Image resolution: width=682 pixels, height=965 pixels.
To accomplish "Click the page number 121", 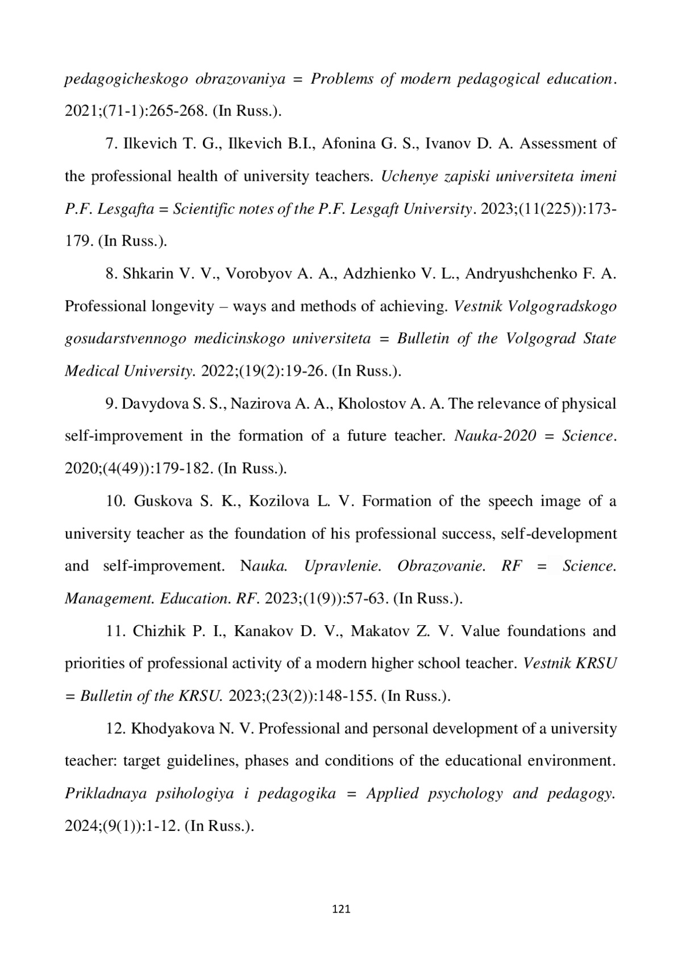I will [x=341, y=909].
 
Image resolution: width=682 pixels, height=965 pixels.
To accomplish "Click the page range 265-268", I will [x=176, y=111].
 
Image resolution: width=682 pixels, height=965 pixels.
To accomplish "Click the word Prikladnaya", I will [x=106, y=794].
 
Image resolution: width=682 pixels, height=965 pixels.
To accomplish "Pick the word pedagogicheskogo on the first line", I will [x=126, y=80].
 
